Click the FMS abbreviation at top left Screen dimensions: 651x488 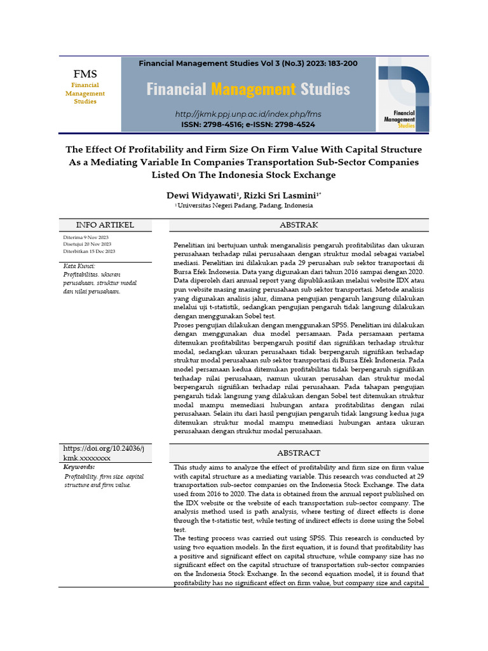point(85,74)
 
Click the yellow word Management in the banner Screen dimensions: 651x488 point(253,89)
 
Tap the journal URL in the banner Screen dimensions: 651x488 point(248,114)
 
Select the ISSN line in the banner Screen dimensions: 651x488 point(248,125)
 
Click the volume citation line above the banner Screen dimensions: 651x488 point(248,64)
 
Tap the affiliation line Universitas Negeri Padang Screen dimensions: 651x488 point(245,206)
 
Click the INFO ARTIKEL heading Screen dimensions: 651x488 point(105,225)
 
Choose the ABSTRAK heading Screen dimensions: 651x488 point(299,225)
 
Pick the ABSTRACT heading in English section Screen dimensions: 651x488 point(299,453)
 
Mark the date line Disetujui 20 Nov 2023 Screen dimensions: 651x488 point(87,244)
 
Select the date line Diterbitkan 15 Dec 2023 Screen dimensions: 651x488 point(88,251)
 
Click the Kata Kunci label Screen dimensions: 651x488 point(79,266)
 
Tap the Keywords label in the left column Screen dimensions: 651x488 point(79,467)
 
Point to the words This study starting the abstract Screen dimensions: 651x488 point(189,467)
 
